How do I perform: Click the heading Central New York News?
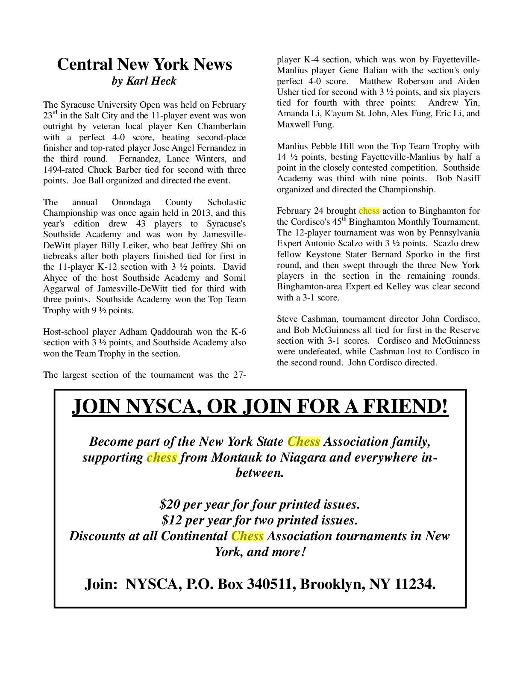(144, 64)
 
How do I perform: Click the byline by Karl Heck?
(144, 81)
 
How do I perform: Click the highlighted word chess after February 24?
(369, 211)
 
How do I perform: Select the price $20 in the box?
(169, 505)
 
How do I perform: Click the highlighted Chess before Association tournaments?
(247, 536)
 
